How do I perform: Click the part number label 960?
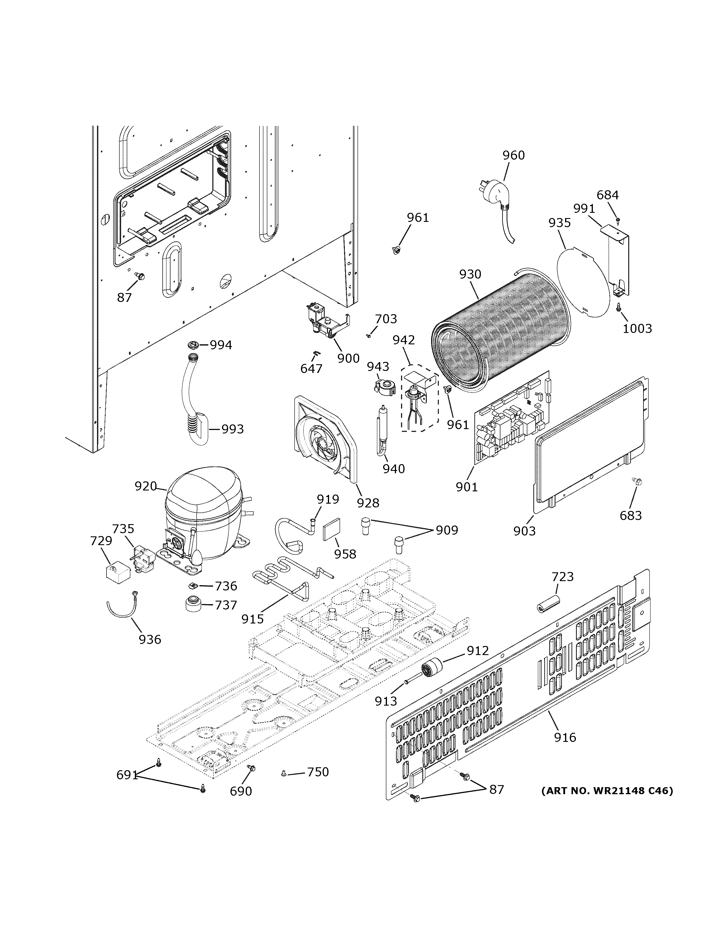coord(513,156)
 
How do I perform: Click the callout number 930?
coord(470,274)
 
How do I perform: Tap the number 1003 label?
coord(637,328)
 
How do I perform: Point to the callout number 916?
coord(565,738)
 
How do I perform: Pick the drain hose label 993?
coord(233,429)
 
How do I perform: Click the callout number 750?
coord(318,772)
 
